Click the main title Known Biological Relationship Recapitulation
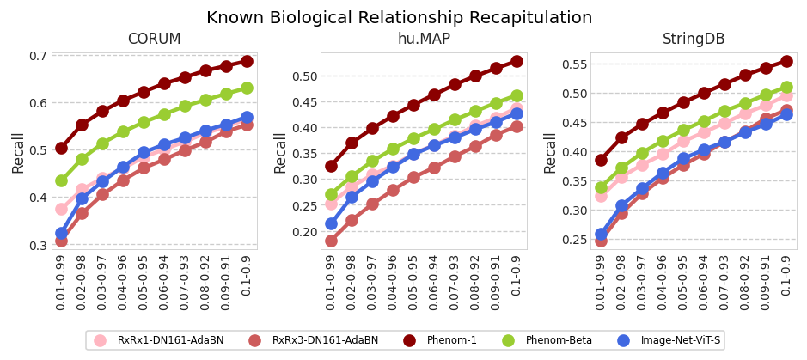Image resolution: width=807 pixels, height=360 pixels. (x=399, y=18)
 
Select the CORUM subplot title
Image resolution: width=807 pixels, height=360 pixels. (x=154, y=40)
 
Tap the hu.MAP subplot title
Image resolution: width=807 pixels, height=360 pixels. (x=423, y=40)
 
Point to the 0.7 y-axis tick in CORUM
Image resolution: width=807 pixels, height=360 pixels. (x=38, y=56)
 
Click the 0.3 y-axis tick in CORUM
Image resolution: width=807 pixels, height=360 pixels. (x=38, y=245)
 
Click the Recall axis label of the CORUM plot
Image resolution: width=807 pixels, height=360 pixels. (x=18, y=152)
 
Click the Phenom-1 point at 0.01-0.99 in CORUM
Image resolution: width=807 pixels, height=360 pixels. (x=61, y=148)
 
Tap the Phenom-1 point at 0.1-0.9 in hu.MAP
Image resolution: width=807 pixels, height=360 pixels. (x=517, y=61)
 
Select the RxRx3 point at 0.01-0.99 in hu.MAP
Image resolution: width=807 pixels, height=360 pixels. (x=331, y=241)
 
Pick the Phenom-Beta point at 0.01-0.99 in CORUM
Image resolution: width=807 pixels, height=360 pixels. (x=61, y=180)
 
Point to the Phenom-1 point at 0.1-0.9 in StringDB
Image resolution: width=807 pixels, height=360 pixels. (x=786, y=61)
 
